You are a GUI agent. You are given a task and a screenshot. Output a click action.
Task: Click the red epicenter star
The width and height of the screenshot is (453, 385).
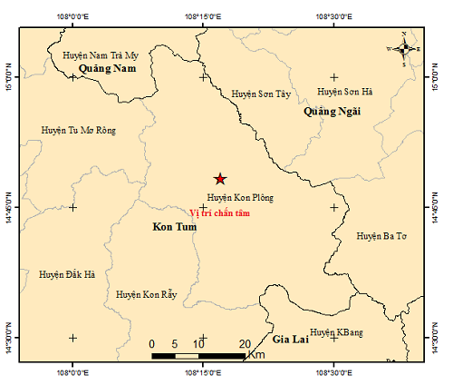click(218, 179)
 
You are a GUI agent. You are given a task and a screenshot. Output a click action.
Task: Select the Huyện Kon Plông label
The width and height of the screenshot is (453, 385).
click(239, 197)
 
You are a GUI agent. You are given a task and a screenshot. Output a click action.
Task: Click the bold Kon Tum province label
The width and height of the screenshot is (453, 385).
click(169, 227)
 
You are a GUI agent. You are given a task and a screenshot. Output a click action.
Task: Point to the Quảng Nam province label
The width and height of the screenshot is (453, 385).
click(107, 69)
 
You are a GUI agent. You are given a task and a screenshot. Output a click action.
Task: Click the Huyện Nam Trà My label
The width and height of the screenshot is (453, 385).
click(100, 55)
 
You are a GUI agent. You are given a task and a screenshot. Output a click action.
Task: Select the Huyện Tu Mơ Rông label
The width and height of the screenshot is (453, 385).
click(79, 131)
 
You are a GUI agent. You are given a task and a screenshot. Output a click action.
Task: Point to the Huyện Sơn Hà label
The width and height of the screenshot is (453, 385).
click(345, 92)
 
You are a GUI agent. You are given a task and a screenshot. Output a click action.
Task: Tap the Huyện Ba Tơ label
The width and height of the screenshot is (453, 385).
click(381, 236)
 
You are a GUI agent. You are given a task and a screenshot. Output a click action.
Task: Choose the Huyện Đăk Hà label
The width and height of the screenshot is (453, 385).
click(67, 274)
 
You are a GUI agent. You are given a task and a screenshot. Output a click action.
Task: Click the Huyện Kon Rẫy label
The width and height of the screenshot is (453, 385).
click(146, 294)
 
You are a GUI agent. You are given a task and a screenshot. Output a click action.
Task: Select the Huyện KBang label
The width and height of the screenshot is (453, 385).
click(336, 333)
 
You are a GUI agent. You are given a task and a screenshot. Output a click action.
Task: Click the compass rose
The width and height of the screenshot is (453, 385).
click(404, 49)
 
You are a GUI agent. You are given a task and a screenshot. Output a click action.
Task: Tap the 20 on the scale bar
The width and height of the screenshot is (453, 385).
click(244, 343)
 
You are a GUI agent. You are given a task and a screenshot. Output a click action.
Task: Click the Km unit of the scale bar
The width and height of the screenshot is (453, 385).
click(256, 354)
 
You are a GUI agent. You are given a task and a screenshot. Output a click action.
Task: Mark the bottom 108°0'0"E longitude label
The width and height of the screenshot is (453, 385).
click(72, 371)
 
